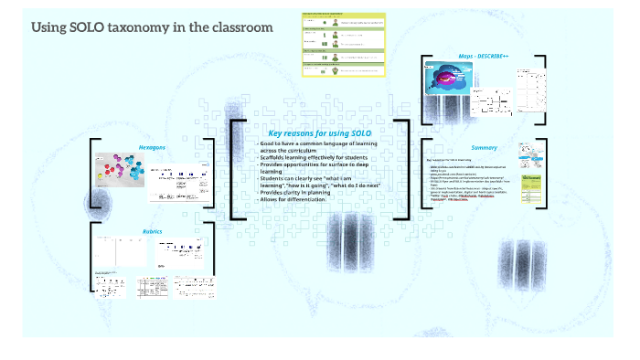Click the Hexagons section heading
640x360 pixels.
tap(152, 147)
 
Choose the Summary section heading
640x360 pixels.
tap(484, 148)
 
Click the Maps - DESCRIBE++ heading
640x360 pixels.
tap(484, 57)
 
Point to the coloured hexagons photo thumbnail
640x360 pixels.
tap(120, 171)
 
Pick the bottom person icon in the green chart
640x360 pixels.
tap(336, 70)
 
